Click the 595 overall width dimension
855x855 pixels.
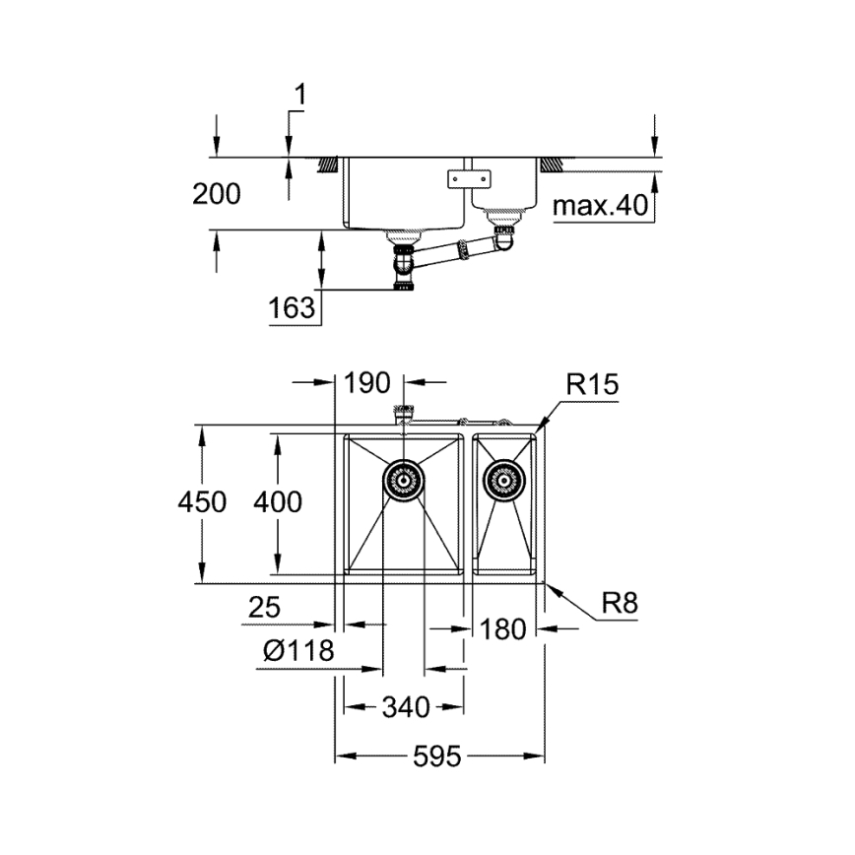click(437, 756)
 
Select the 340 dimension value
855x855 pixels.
click(405, 707)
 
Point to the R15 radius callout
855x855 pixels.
click(592, 385)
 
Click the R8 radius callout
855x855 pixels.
click(620, 603)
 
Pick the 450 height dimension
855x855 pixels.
click(202, 501)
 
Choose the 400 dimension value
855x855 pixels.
click(277, 501)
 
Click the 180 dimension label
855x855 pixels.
click(503, 627)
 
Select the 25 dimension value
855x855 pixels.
click(264, 609)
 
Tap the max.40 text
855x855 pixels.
click(599, 206)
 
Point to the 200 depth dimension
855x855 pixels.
click(216, 194)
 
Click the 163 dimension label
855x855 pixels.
click(292, 308)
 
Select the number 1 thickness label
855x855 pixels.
click(300, 96)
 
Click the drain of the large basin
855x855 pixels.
click(403, 481)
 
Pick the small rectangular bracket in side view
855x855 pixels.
click(468, 178)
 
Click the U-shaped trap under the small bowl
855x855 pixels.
click(503, 236)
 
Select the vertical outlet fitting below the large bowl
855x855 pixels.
click(404, 266)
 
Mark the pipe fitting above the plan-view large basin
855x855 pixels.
click(404, 414)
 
